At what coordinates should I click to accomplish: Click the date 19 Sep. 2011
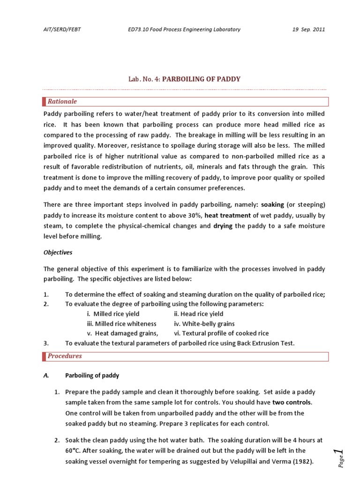tap(308, 29)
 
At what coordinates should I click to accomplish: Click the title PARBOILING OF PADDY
tap(201, 79)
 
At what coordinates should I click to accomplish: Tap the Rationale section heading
tap(62, 102)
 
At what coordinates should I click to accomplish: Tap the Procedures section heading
tap(65, 356)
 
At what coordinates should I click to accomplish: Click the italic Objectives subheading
tap(58, 252)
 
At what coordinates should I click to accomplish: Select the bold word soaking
tap(272, 204)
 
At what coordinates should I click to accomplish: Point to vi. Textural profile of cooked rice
tap(215, 333)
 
